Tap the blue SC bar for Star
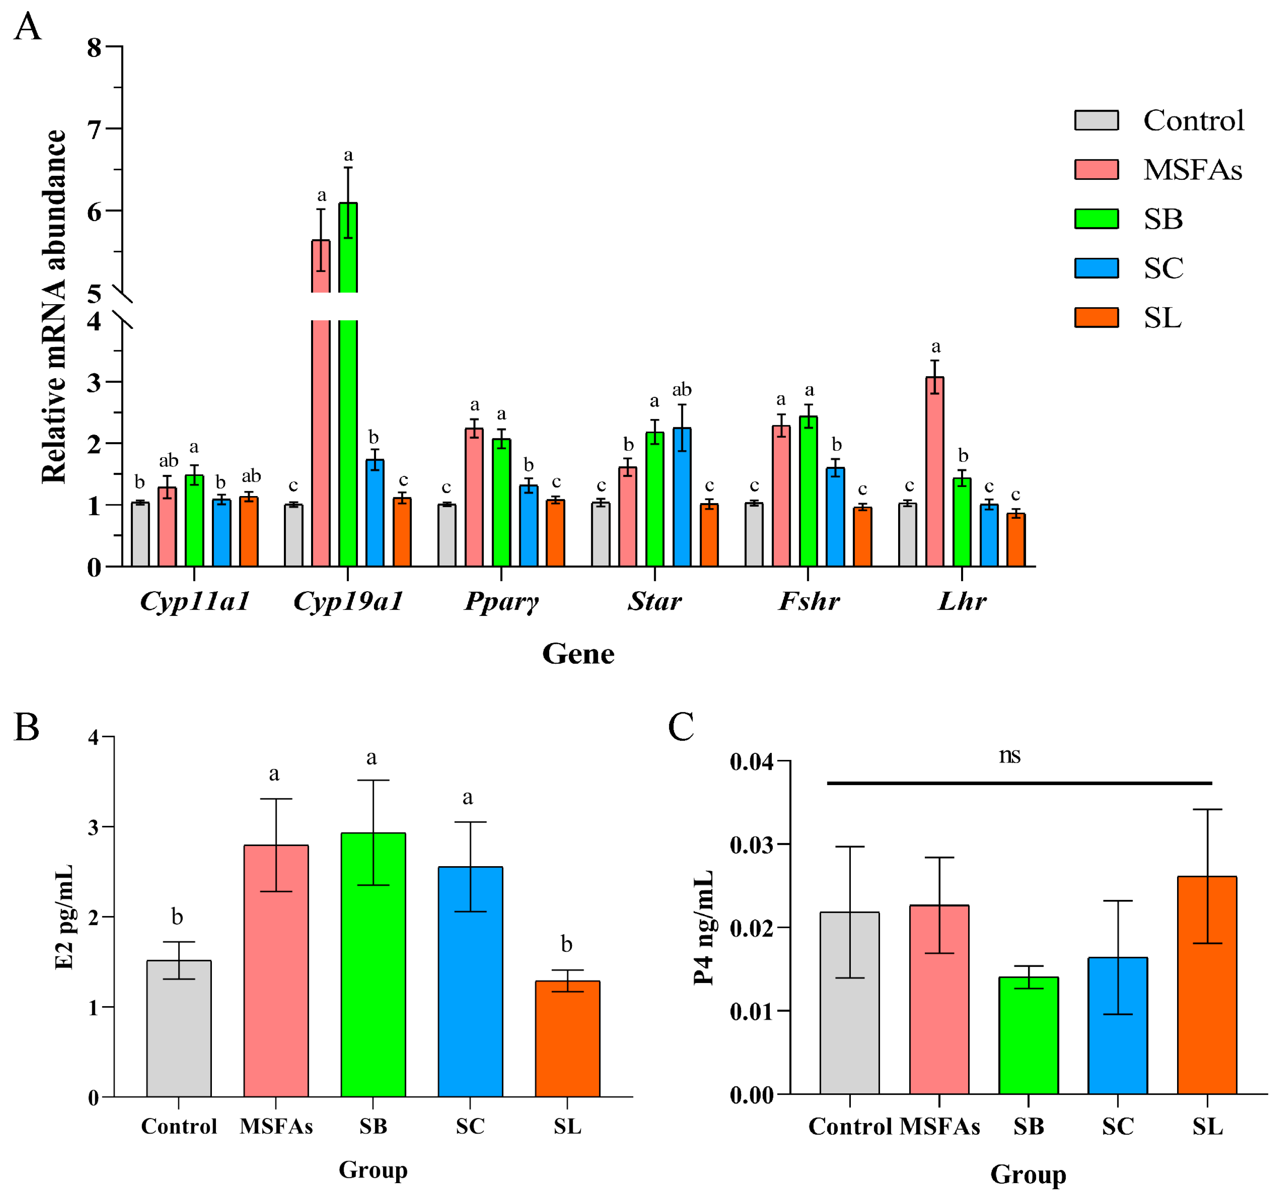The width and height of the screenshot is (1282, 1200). tap(682, 497)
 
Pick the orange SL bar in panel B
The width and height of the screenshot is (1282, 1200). tap(567, 1039)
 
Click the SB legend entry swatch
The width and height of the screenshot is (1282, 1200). tap(1096, 219)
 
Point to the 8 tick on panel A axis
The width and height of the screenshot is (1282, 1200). tap(95, 47)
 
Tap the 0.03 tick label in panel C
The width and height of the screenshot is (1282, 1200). tap(751, 844)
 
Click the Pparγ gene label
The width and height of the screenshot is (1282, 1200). tap(501, 601)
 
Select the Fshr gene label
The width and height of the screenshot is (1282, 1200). tap(809, 601)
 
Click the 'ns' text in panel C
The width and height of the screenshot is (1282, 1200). tap(1010, 755)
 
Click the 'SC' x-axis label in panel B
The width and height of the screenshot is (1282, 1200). tap(470, 1126)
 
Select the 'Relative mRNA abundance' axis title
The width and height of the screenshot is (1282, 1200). tap(54, 306)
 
